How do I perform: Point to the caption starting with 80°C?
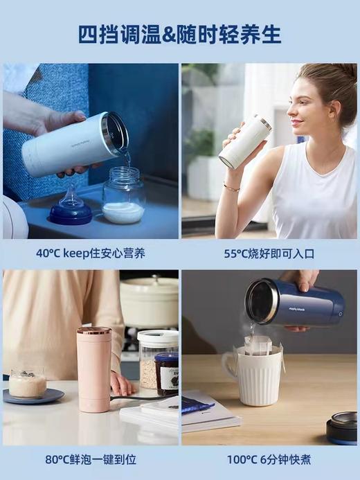click(x=90, y=459)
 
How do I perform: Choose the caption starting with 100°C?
click(x=269, y=459)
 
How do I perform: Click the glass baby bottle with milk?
click(x=123, y=197)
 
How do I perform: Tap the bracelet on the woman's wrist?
click(x=231, y=187)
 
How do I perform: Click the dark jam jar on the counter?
click(x=166, y=374)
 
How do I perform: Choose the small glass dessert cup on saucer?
click(x=28, y=382)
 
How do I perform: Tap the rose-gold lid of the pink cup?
click(x=93, y=330)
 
